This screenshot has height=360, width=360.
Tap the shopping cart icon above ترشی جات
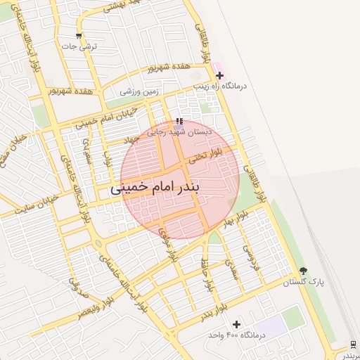[x=79, y=36]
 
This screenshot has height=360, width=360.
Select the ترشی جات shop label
[x=79, y=46]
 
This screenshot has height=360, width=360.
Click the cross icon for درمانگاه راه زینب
[x=220, y=75]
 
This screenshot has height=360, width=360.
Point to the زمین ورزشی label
[x=140, y=91]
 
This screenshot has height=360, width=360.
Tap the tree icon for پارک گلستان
[x=303, y=271]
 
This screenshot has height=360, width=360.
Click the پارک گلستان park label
[x=304, y=282]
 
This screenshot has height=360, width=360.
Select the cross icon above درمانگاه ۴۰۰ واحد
[x=236, y=324]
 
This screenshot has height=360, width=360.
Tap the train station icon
[x=352, y=343]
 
